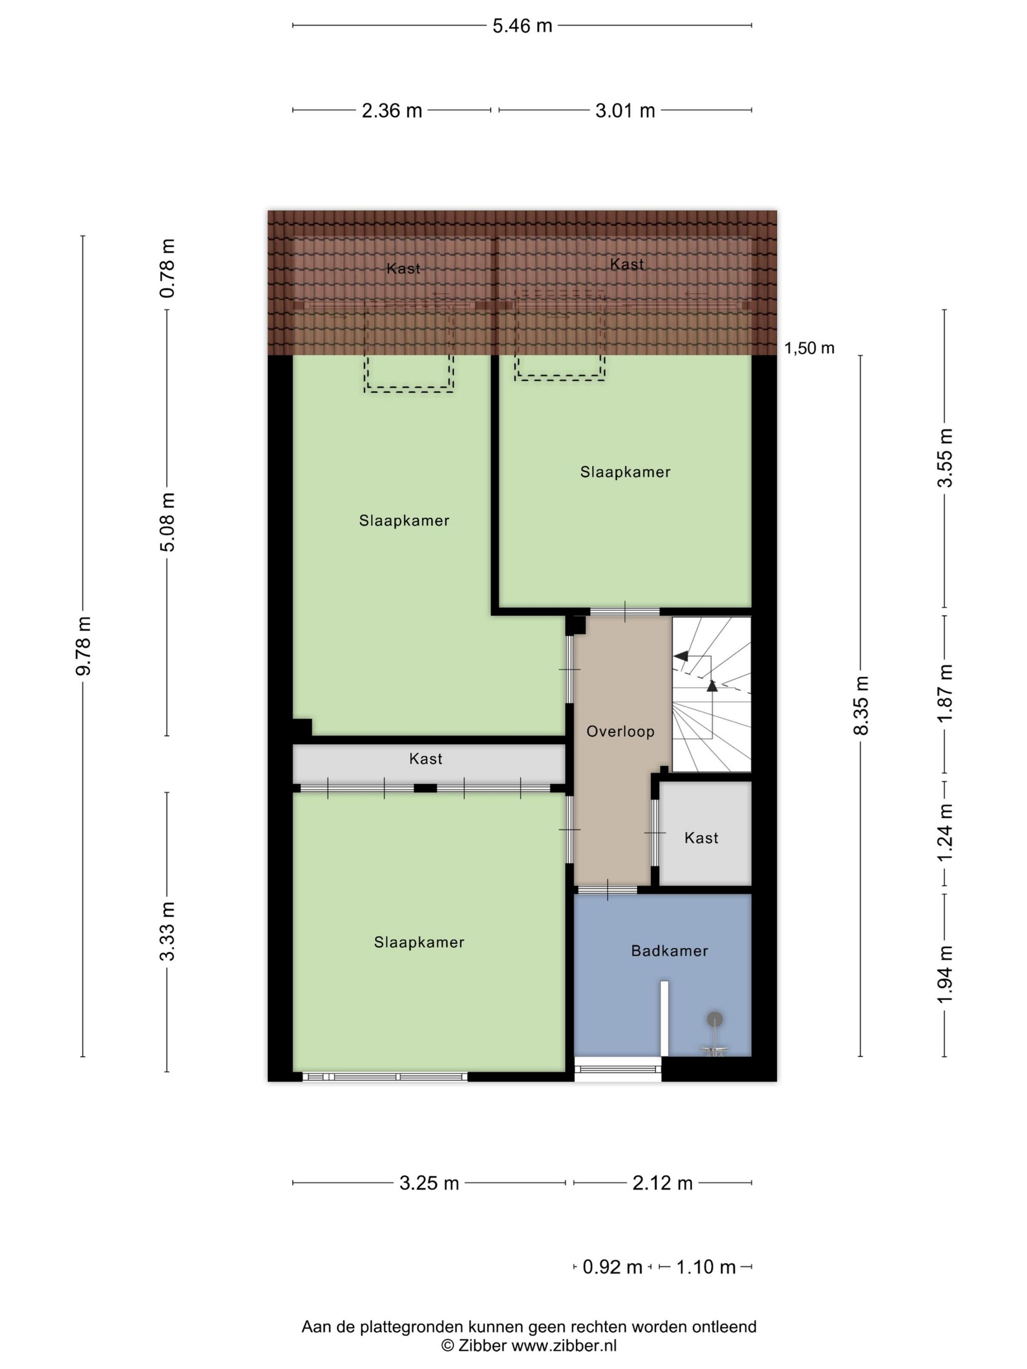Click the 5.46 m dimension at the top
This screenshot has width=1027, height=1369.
tap(522, 26)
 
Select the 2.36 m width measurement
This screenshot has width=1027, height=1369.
tap(391, 111)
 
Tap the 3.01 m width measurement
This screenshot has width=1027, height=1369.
tap(625, 111)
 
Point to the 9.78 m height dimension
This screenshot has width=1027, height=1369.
tap(83, 646)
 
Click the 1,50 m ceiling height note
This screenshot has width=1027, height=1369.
tap(809, 348)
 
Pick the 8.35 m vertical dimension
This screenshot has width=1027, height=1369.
tap(861, 705)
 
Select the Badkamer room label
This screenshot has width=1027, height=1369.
tap(669, 951)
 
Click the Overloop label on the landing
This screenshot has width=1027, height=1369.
tap(620, 732)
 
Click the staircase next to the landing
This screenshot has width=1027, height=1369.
tap(711, 694)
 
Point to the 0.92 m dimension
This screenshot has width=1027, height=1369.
tap(612, 1267)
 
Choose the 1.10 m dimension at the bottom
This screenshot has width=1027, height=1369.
tap(706, 1267)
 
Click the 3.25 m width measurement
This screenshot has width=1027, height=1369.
tap(429, 1183)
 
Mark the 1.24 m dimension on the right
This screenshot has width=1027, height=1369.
tap(945, 832)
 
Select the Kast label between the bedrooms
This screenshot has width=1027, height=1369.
tap(426, 759)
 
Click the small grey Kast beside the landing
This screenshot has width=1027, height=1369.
tap(701, 838)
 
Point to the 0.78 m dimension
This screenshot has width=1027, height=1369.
tap(167, 268)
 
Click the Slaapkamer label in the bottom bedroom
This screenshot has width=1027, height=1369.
tap(419, 942)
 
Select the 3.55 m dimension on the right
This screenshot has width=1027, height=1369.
tap(945, 457)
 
